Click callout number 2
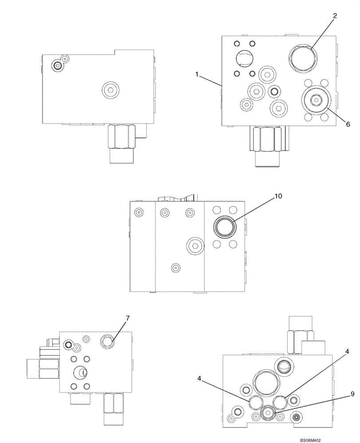(335, 16)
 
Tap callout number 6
(348, 124)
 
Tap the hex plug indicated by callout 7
(107, 341)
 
